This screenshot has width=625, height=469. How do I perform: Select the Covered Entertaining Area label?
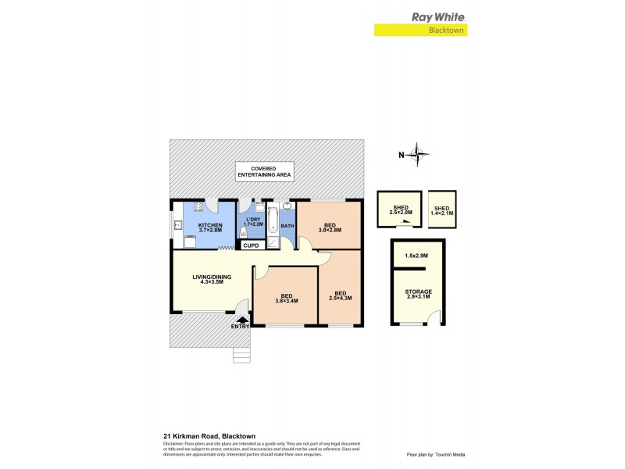click(265, 172)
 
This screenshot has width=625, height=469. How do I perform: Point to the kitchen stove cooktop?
click(198, 207)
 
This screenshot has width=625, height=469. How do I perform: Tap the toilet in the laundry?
click(244, 231)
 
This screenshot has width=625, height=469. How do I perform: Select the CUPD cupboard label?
click(251, 245)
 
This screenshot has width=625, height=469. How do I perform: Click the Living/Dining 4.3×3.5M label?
click(209, 279)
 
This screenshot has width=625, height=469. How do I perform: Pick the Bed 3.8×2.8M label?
click(328, 227)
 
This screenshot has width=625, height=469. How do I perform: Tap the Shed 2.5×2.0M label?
click(400, 209)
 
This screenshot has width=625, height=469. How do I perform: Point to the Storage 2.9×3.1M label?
click(418, 295)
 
